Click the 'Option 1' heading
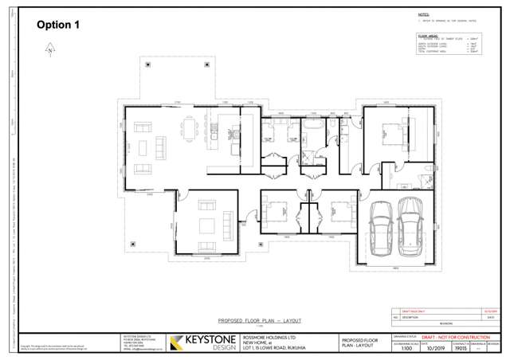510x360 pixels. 60,25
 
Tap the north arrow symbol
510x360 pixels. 49,50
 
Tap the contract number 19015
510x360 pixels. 461,349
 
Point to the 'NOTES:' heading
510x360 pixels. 423,14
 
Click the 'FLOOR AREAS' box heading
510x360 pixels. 428,34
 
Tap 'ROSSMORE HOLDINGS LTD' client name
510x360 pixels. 269,338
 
